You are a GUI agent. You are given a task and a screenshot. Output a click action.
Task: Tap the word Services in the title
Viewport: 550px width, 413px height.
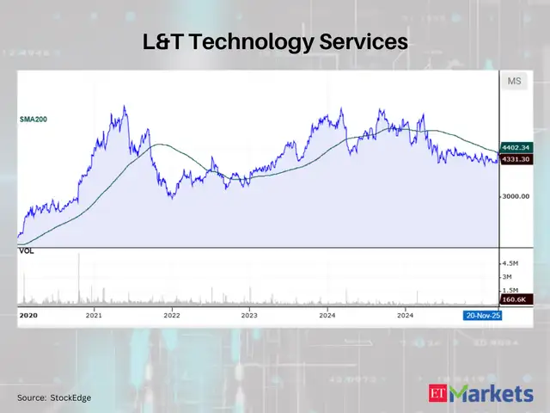pyautogui.click(x=364, y=41)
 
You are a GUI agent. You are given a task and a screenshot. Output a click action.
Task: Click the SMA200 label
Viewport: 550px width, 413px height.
pyautogui.click(x=34, y=119)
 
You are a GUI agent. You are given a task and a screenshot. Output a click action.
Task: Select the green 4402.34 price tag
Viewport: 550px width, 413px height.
pyautogui.click(x=516, y=147)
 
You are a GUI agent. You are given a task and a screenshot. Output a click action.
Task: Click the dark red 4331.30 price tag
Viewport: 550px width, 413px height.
pyautogui.click(x=516, y=159)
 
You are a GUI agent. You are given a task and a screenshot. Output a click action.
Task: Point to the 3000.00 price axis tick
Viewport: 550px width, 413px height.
pyautogui.click(x=516, y=196)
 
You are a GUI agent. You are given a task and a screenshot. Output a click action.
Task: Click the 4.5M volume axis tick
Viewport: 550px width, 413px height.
pyautogui.click(x=510, y=263)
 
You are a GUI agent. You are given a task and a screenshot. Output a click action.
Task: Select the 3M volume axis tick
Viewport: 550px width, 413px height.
pyautogui.click(x=508, y=277)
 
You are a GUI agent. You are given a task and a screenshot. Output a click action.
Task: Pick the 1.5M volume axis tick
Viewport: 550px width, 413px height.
pyautogui.click(x=510, y=291)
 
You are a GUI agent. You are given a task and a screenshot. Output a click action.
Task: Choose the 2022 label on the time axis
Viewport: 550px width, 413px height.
pyautogui.click(x=171, y=316)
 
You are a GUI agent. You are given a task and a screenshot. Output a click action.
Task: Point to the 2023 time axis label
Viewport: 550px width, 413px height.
pyautogui.click(x=249, y=316)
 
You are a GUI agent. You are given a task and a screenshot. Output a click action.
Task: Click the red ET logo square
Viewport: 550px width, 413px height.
pyautogui.click(x=437, y=394)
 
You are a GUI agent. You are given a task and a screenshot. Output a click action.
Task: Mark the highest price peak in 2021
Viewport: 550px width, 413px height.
pyautogui.click(x=125, y=107)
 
